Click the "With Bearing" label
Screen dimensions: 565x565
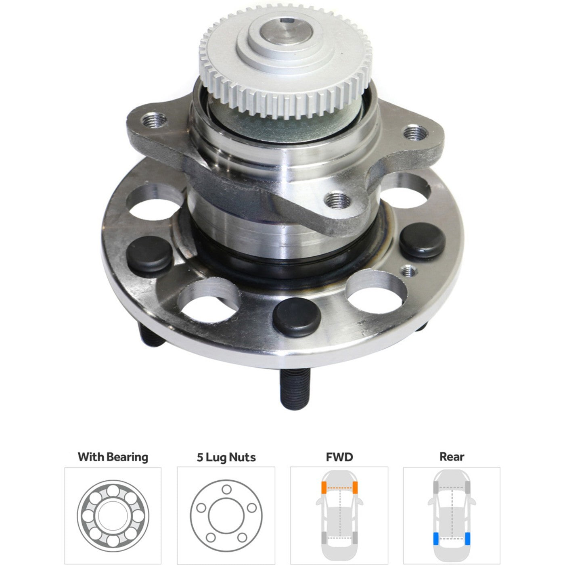tap(113, 457)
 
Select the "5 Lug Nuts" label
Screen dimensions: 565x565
tap(226, 457)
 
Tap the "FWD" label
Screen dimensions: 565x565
tap(339, 457)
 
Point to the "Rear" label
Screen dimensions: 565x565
tap(452, 457)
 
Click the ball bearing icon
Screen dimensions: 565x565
tap(113, 515)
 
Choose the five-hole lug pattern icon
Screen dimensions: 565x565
tap(226, 515)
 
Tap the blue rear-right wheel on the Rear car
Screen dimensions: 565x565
tap(467, 539)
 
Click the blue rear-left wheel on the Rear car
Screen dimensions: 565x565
tap(436, 539)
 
